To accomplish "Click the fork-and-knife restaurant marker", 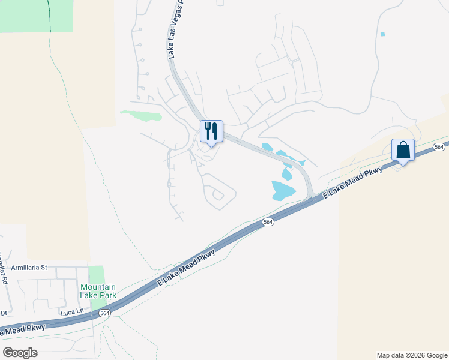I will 211,131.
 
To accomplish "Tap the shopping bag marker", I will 403,149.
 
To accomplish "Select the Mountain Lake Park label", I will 98,291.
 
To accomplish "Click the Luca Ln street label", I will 71,313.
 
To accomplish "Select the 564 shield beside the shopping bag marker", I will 439,147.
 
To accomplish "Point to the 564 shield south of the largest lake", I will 268,223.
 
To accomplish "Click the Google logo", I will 20,352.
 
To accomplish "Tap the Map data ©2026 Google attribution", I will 412,355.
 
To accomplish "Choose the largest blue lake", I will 283,190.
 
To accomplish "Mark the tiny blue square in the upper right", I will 382,34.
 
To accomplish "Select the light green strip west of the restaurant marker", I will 142,115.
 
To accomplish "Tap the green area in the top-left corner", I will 36,15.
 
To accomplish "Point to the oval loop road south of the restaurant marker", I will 219,193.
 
